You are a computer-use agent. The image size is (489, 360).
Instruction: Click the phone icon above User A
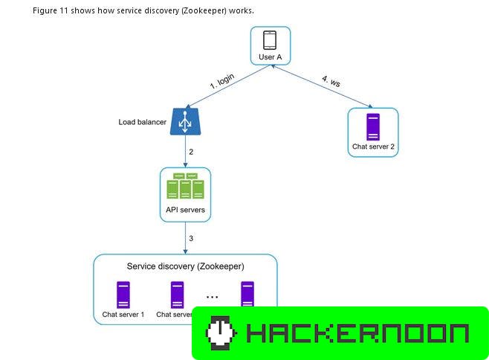270,40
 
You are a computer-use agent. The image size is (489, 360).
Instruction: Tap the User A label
270,57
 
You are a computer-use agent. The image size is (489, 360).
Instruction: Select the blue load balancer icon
185,121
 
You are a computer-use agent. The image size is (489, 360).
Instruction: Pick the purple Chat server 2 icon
372,126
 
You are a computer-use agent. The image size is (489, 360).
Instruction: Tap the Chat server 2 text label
372,147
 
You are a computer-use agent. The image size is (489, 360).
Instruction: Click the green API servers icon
185,186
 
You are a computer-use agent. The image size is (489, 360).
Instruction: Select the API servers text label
185,209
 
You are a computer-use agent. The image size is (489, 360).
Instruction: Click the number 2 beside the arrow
191,152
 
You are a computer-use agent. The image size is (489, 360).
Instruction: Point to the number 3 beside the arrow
191,238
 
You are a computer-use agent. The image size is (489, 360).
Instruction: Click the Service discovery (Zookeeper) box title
185,266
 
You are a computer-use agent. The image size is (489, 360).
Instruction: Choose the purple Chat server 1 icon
123,294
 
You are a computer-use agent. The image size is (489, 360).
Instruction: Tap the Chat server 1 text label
123,314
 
